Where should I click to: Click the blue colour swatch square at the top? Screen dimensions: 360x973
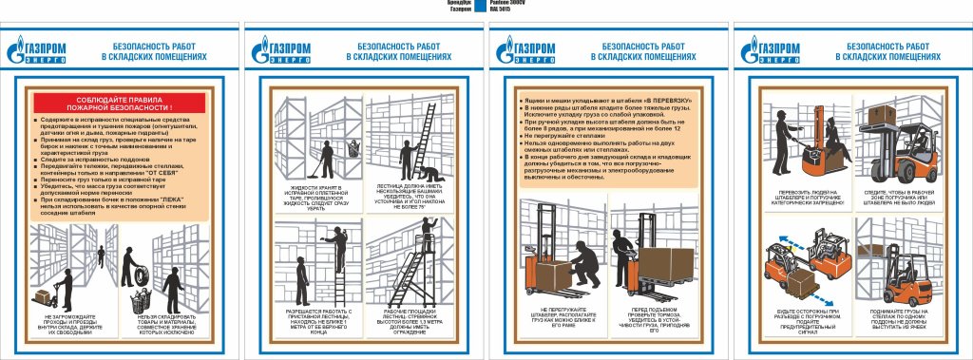pyautogui.click(x=480, y=7)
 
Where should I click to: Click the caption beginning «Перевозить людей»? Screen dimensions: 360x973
pyautogui.click(x=799, y=198)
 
